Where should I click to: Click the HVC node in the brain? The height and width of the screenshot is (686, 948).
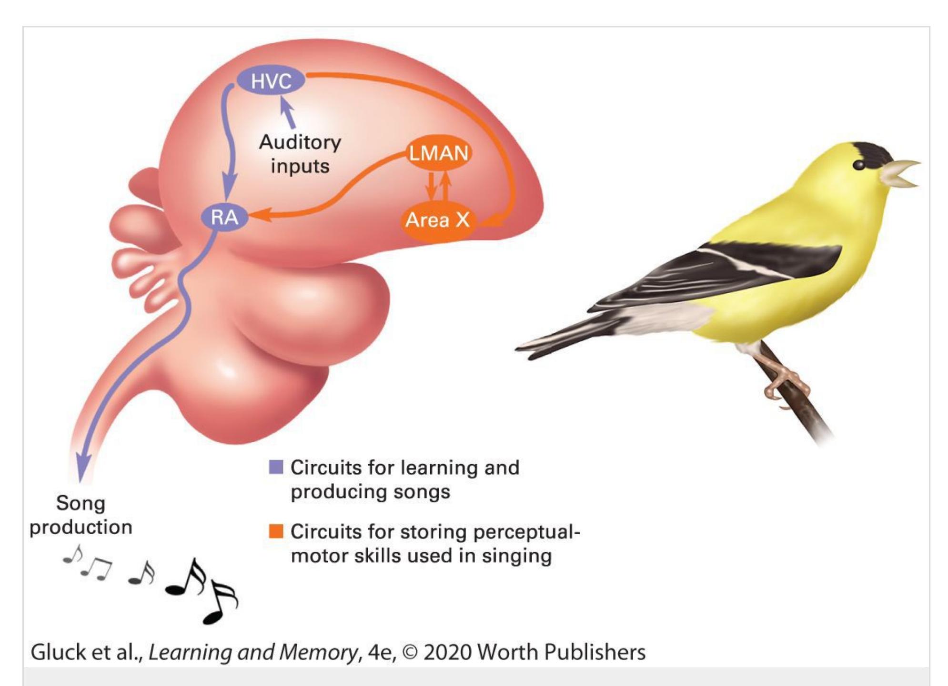tap(271, 80)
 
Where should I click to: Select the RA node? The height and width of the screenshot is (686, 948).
tap(224, 218)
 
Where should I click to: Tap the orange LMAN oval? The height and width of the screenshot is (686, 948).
tap(438, 153)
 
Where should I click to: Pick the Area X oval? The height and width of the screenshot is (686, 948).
tap(437, 220)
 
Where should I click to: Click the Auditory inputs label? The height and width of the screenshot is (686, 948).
tap(300, 154)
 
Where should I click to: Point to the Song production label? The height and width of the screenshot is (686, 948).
tap(81, 515)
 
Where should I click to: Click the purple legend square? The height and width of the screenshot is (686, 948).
tap(276, 467)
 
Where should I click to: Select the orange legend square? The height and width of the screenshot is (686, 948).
tap(276, 531)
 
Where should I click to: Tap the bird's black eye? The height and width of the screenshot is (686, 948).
tap(859, 165)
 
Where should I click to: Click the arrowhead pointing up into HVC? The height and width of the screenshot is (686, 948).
tap(285, 102)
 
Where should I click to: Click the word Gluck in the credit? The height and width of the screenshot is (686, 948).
tap(58, 652)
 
